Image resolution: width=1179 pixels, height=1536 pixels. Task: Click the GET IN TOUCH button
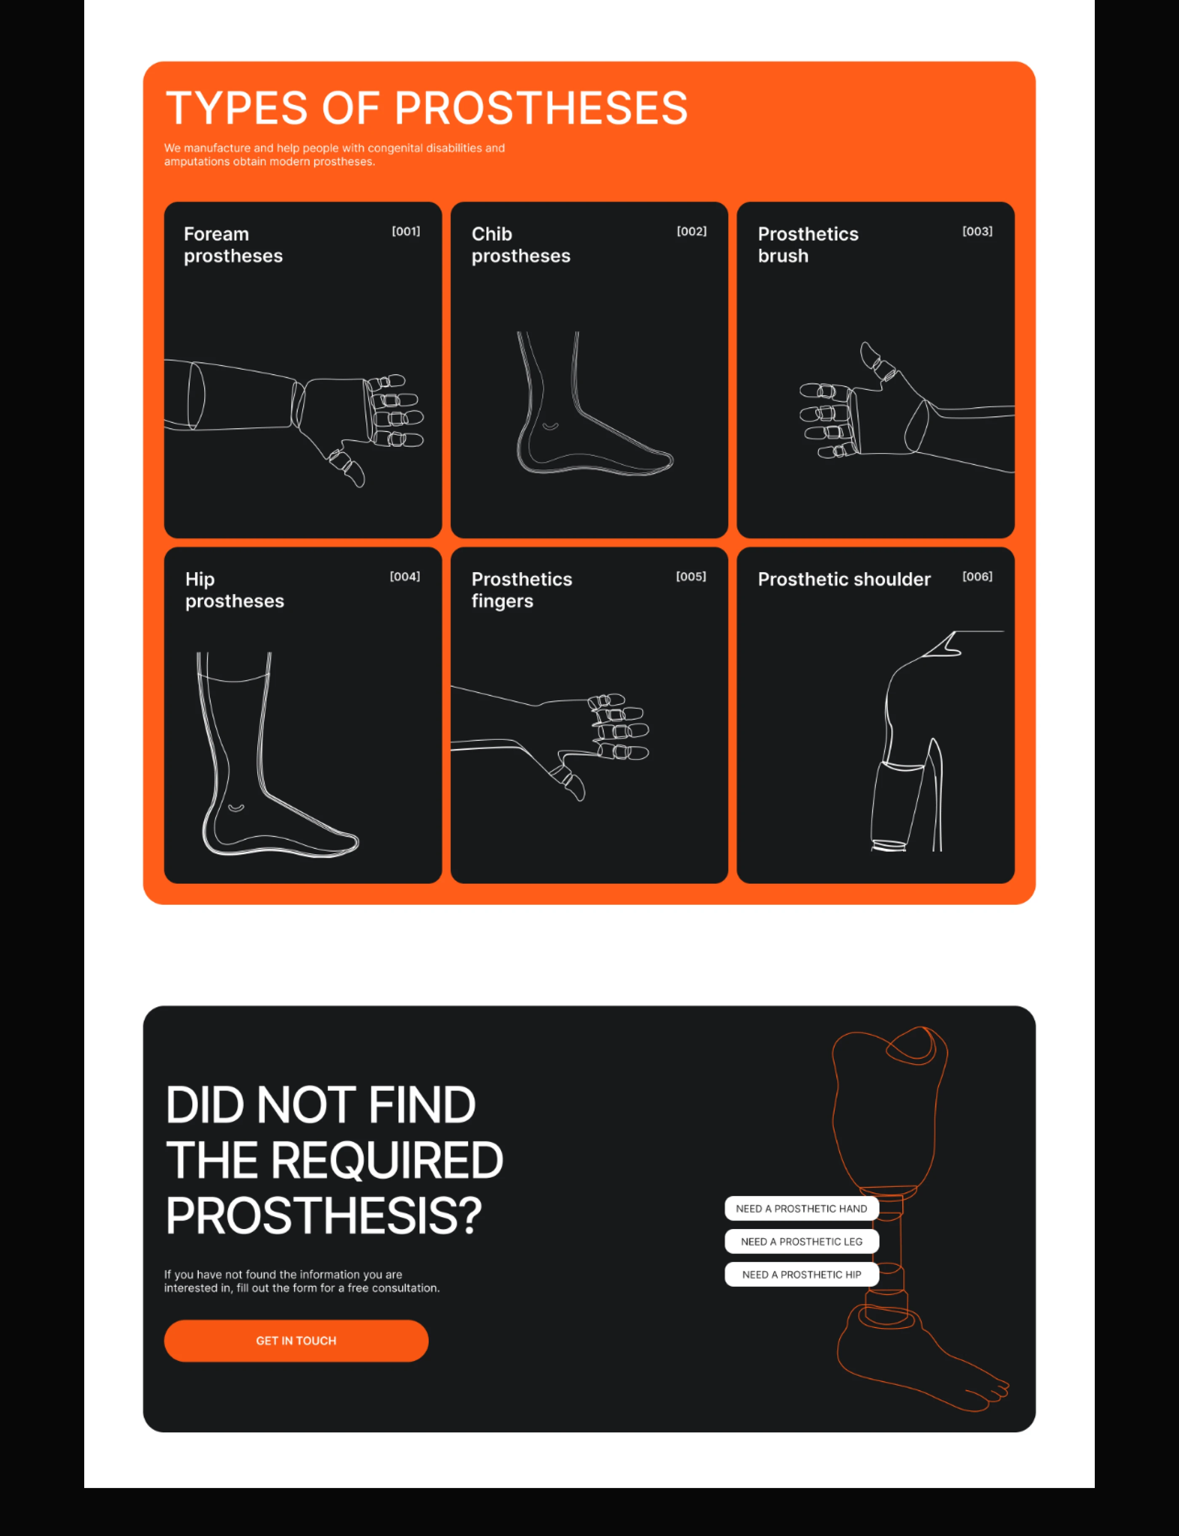(x=296, y=1340)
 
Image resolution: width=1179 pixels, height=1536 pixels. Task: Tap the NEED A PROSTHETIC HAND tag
(x=801, y=1208)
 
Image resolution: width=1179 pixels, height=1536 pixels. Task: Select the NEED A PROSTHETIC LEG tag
(x=801, y=1241)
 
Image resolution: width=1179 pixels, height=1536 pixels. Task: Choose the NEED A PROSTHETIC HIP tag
(x=801, y=1274)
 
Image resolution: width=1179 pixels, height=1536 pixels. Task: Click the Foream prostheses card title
(x=233, y=245)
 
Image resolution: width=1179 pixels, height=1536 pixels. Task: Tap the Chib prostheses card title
(x=521, y=245)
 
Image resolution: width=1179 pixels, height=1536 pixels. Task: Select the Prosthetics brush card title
(x=808, y=245)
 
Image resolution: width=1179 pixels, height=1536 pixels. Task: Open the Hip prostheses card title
(x=235, y=590)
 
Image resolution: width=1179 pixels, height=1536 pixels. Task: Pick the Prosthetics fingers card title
(x=521, y=590)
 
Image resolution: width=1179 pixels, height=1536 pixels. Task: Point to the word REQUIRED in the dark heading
(x=387, y=1160)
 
